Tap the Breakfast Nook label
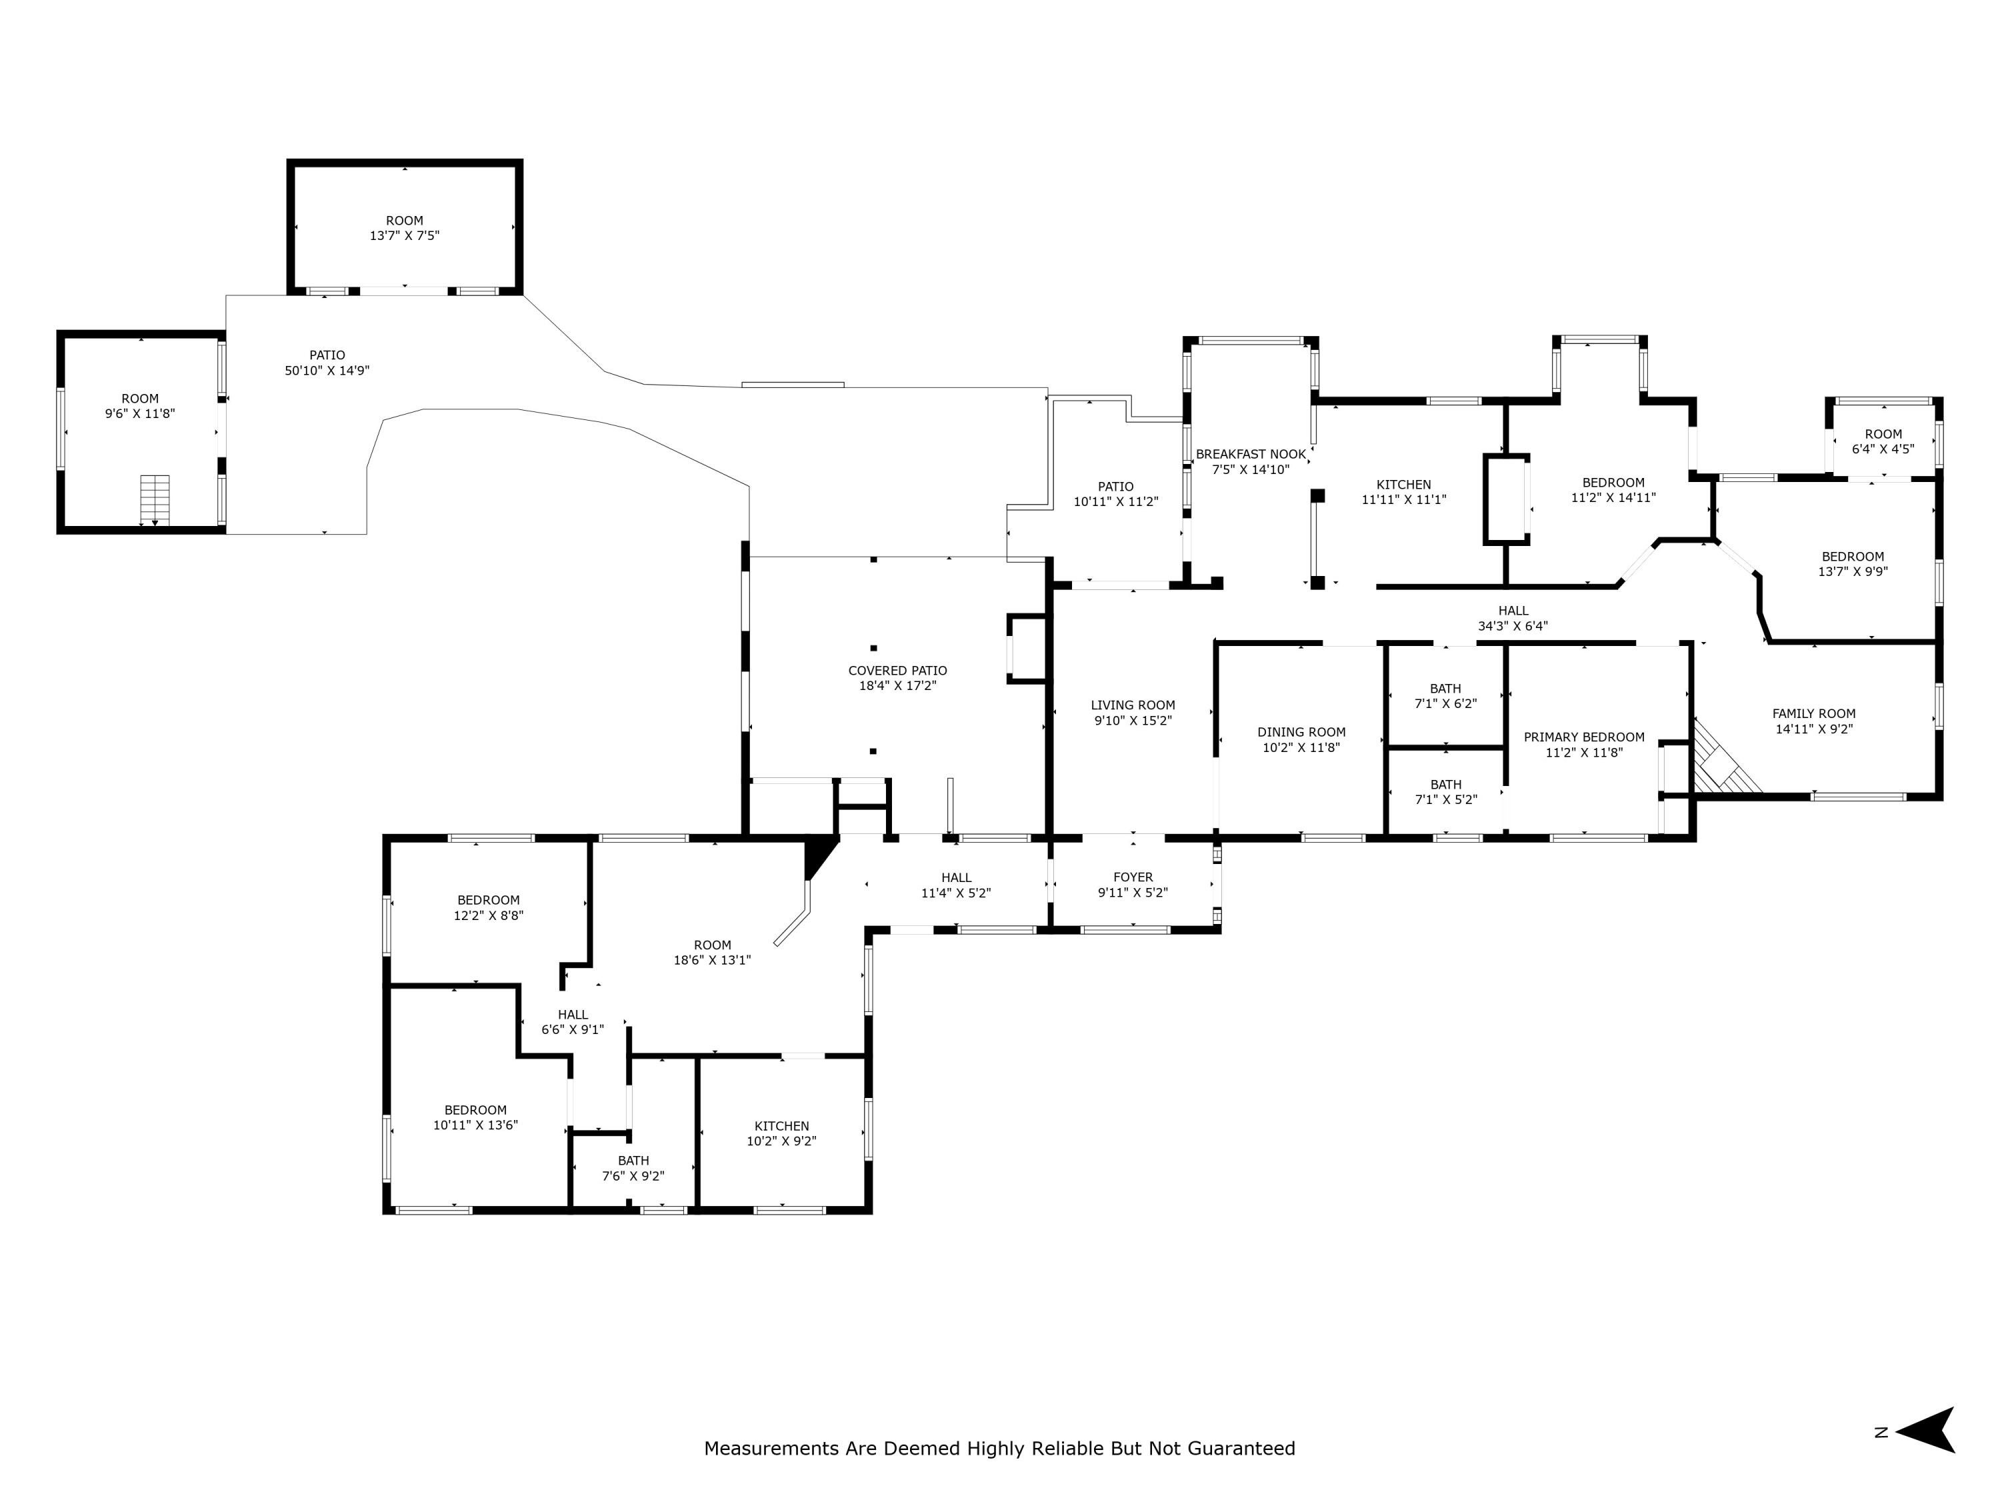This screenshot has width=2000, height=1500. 1251,455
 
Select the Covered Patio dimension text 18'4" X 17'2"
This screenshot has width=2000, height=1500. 897,685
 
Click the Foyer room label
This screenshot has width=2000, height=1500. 1133,877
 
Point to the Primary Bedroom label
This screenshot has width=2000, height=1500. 1584,737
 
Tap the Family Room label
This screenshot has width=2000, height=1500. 1814,713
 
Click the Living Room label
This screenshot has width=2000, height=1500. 1133,705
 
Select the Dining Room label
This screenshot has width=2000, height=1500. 1301,733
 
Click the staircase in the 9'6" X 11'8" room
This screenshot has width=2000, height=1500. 155,499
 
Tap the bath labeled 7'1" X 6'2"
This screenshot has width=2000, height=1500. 1446,695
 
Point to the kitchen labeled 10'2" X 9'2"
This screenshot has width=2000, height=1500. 782,1133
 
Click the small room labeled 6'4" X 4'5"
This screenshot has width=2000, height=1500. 1883,441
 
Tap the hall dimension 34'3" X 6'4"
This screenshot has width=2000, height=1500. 1513,626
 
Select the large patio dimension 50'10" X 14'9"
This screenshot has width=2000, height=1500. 327,371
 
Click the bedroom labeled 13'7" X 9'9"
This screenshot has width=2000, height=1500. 1853,563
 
